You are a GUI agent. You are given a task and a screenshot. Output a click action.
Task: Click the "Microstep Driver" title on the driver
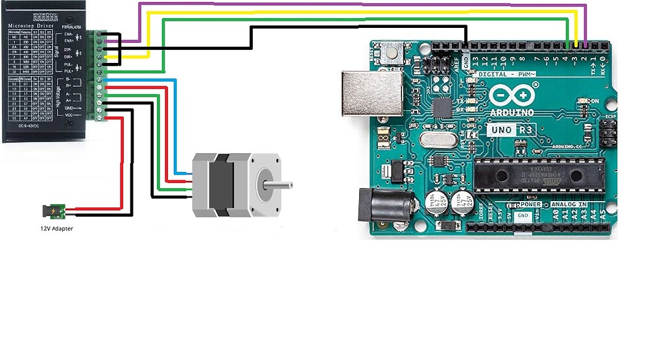(32, 26)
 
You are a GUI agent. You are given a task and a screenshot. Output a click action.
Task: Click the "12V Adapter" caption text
(56, 228)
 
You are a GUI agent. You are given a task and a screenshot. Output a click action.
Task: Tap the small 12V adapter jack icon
(53, 211)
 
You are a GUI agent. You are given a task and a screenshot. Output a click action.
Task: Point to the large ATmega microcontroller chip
(538, 174)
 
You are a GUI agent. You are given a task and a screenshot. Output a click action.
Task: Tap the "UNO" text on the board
(501, 130)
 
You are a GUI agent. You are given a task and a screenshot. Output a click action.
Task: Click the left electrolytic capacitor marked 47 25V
(436, 202)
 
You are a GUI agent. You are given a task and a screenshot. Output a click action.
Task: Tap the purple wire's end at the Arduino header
(586, 45)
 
